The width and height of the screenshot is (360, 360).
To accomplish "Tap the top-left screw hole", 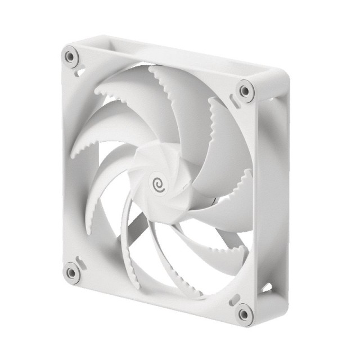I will (x=70, y=56).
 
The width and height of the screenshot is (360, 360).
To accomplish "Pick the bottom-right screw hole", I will (x=244, y=313).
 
